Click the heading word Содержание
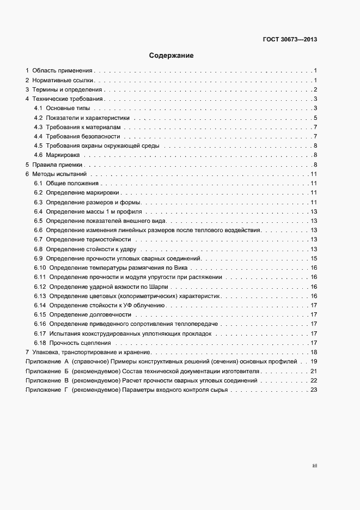pos(172,56)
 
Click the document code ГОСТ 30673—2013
pos(290,39)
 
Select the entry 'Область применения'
pos(63,71)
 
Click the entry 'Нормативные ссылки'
pos(64,80)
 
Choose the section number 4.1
pos(38,108)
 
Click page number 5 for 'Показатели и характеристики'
pos(315,118)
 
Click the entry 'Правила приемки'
pos(57,165)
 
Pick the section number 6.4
pos(38,211)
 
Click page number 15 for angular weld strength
pos(314,258)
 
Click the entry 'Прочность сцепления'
pos(80,343)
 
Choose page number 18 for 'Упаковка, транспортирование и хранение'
pos(314,353)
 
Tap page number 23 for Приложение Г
pos(314,390)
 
